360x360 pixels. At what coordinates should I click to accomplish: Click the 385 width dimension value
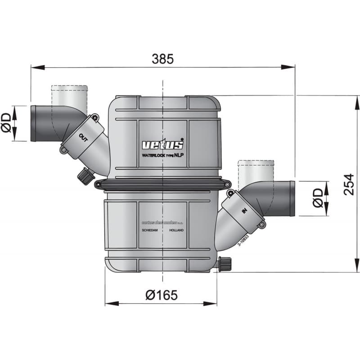pyautogui.click(x=162, y=59)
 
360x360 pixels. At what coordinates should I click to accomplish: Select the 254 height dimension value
pyautogui.click(x=349, y=184)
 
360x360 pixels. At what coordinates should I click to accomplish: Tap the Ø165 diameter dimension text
pyautogui.click(x=162, y=295)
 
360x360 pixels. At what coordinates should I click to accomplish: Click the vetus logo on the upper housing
pyautogui.click(x=163, y=144)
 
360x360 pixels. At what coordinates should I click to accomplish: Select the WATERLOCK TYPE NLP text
pyautogui.click(x=163, y=155)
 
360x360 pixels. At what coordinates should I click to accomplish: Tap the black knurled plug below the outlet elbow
pyautogui.click(x=85, y=175)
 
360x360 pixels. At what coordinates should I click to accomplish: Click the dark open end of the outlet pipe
pyautogui.click(x=33, y=123)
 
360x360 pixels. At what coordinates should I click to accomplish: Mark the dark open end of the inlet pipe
pyautogui.click(x=292, y=198)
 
